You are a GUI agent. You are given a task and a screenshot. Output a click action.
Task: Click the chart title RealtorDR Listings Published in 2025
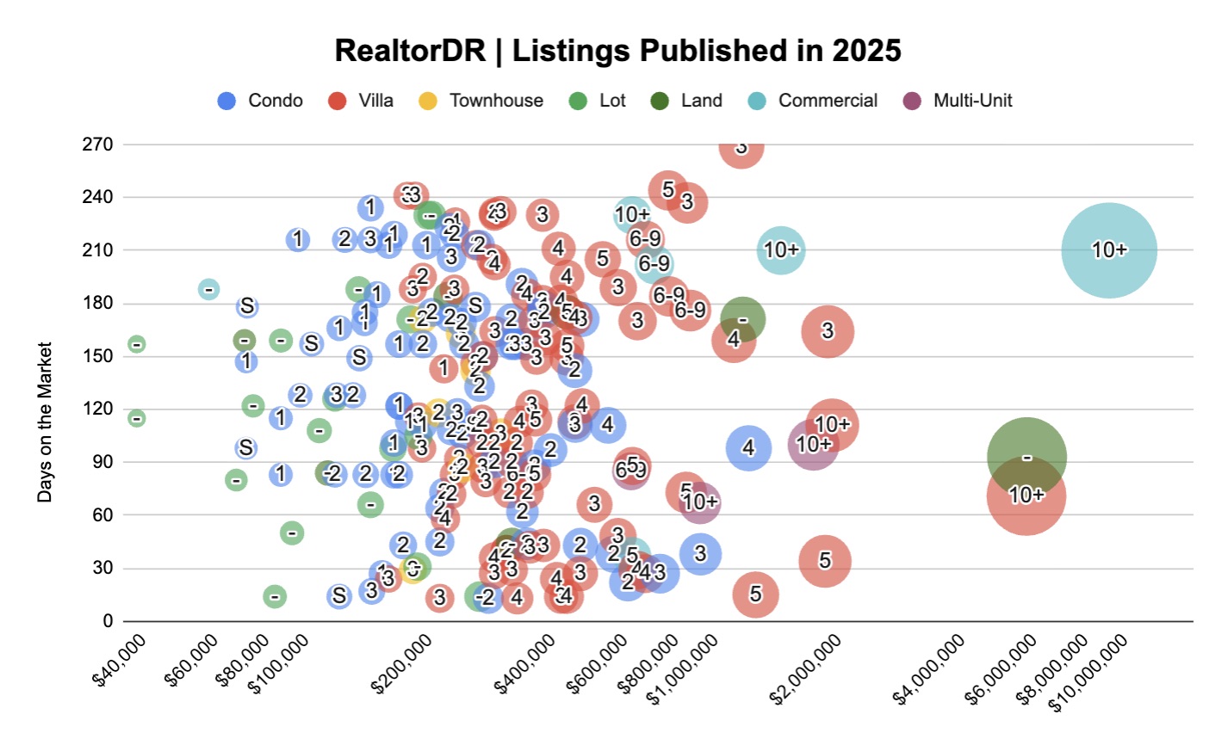tap(617, 51)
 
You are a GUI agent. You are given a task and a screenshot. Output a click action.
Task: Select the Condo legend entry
tap(261, 101)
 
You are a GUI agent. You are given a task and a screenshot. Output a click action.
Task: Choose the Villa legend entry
tap(361, 101)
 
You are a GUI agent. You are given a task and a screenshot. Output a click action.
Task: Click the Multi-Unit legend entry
tap(958, 101)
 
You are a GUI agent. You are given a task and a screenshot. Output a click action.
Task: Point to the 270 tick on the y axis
tap(97, 145)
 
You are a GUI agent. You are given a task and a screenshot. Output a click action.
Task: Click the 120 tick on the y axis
tap(97, 409)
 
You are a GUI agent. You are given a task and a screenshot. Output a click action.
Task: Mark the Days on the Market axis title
tap(45, 422)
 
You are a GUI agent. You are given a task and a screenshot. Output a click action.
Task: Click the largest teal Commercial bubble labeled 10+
tap(1108, 250)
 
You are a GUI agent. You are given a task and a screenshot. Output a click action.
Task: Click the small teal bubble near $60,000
tap(208, 289)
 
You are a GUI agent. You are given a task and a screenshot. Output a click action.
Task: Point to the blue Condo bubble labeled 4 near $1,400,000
tap(748, 447)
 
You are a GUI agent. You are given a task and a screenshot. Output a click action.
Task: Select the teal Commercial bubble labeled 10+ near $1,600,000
tap(781, 250)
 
